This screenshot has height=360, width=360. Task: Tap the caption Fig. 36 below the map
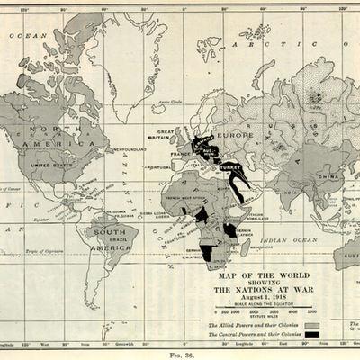[x=180, y=354]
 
